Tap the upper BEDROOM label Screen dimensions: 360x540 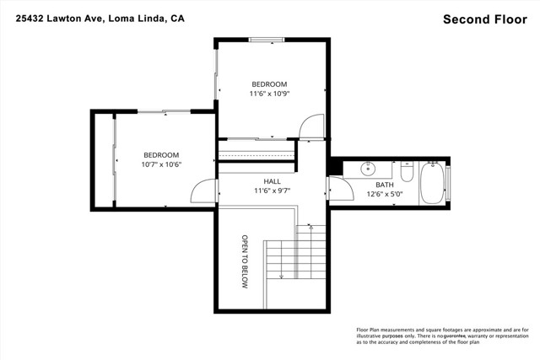[269, 84]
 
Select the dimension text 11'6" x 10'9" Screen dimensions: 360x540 [269, 94]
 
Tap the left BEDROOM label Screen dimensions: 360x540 [160, 155]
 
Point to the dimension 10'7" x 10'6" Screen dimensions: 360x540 [160, 165]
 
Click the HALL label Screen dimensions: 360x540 [272, 181]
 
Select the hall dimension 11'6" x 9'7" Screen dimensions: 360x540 [272, 191]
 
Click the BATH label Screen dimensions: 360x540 [384, 185]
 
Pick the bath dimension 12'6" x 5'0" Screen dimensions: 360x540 [384, 195]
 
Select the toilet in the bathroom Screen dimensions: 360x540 [406, 173]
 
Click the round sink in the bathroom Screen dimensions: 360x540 [369, 168]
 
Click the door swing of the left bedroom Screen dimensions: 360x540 [203, 193]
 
